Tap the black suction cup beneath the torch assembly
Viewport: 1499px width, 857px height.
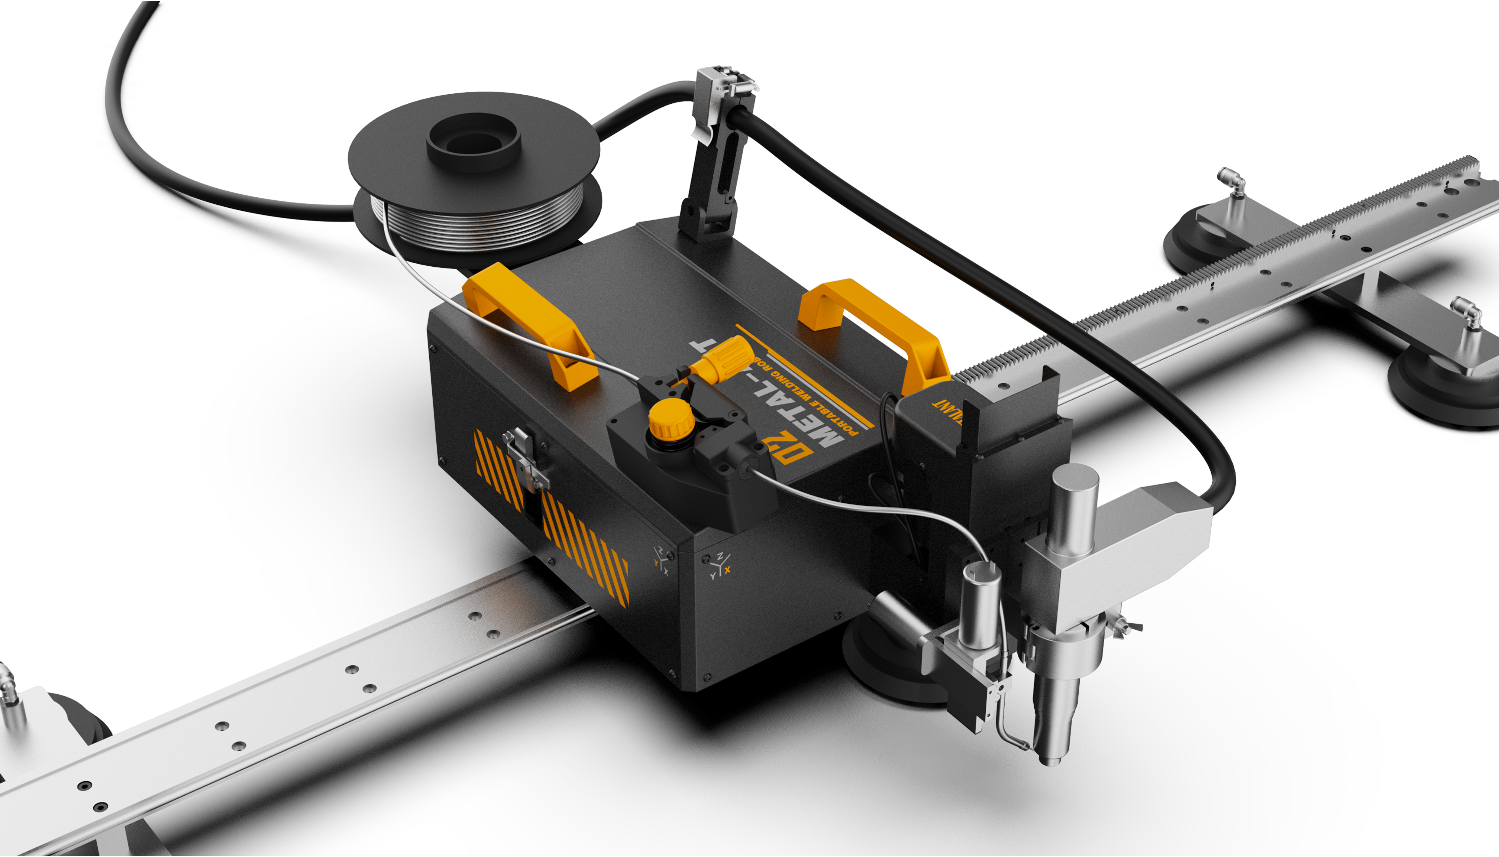pyautogui.click(x=883, y=665)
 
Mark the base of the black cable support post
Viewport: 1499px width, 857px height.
pyautogui.click(x=706, y=224)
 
